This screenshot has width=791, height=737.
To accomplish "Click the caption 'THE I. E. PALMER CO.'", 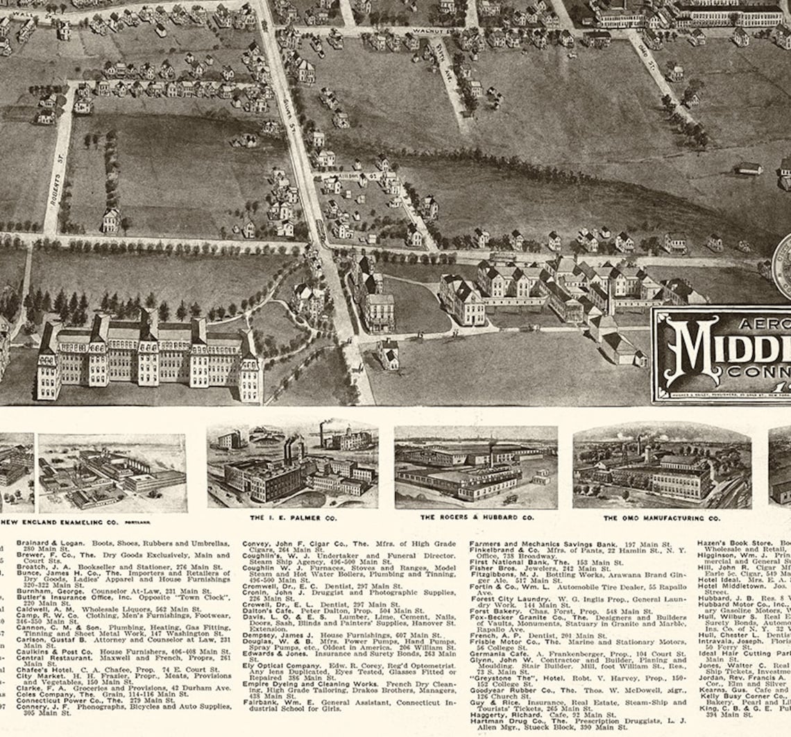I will click(293, 518).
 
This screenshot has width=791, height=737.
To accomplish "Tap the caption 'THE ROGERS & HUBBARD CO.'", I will click(476, 518).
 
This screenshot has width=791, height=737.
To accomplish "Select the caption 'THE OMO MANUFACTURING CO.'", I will click(661, 518).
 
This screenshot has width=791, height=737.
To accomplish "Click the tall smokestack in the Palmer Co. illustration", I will click(321, 434).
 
